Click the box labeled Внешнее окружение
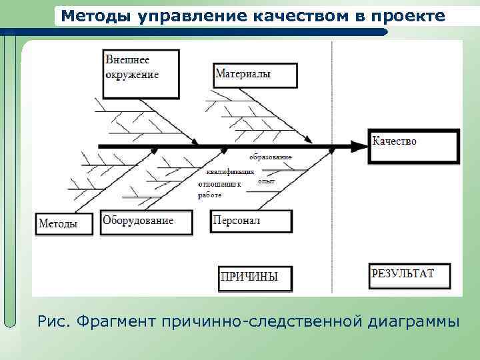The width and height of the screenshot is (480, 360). [141, 73]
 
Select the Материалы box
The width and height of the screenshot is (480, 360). [255, 75]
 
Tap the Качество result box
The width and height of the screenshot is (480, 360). [413, 146]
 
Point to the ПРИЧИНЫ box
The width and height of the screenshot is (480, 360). [255, 277]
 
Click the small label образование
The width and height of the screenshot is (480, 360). [271, 157]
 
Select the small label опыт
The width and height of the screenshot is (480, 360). [266, 181]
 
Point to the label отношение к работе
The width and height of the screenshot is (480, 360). [219, 189]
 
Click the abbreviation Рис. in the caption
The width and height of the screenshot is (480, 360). [54, 321]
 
